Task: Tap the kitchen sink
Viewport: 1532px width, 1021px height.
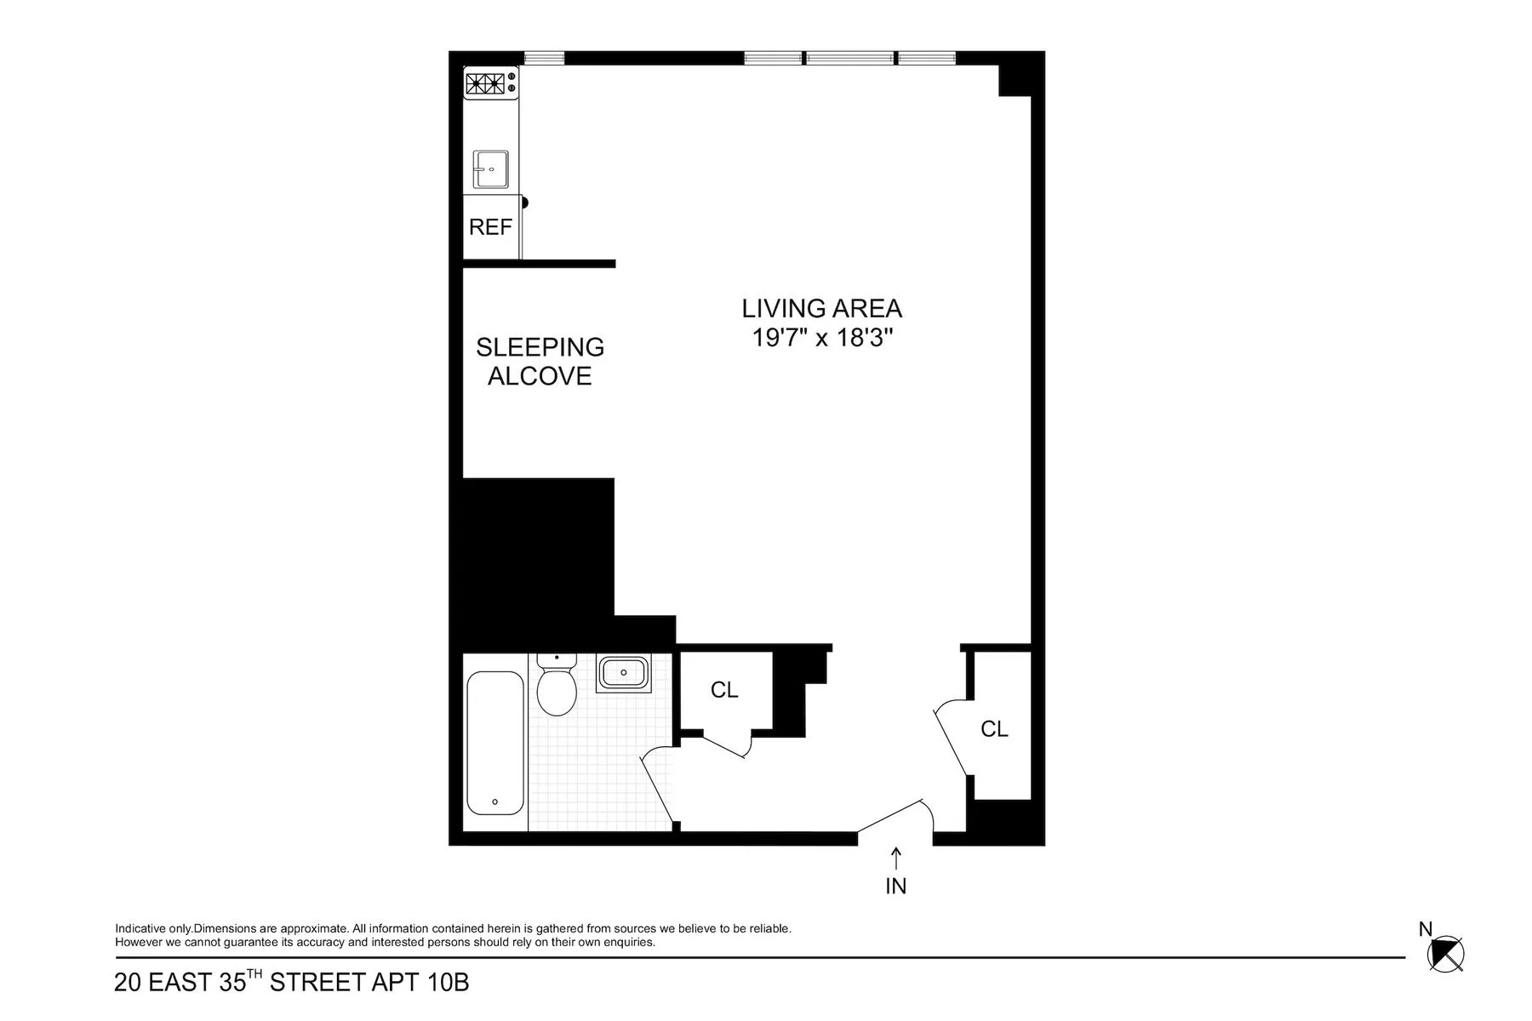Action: tap(491, 170)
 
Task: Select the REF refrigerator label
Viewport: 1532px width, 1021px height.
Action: tap(490, 227)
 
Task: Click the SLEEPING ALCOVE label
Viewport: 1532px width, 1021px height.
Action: tap(540, 362)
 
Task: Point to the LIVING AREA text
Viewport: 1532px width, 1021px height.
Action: tap(821, 308)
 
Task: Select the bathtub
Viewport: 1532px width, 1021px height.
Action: tap(495, 743)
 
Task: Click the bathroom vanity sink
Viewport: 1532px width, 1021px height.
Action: tap(623, 673)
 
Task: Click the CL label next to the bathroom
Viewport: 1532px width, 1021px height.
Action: tap(724, 690)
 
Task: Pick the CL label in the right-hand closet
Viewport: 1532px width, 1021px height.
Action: tap(994, 729)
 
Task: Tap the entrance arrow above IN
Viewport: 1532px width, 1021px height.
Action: tap(895, 858)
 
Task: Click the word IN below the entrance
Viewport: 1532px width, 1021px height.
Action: tap(895, 887)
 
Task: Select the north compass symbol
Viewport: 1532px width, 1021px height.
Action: tap(1446, 953)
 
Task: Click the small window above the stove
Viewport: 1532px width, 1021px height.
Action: tap(544, 58)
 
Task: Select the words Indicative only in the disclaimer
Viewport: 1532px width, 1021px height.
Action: tap(153, 929)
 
